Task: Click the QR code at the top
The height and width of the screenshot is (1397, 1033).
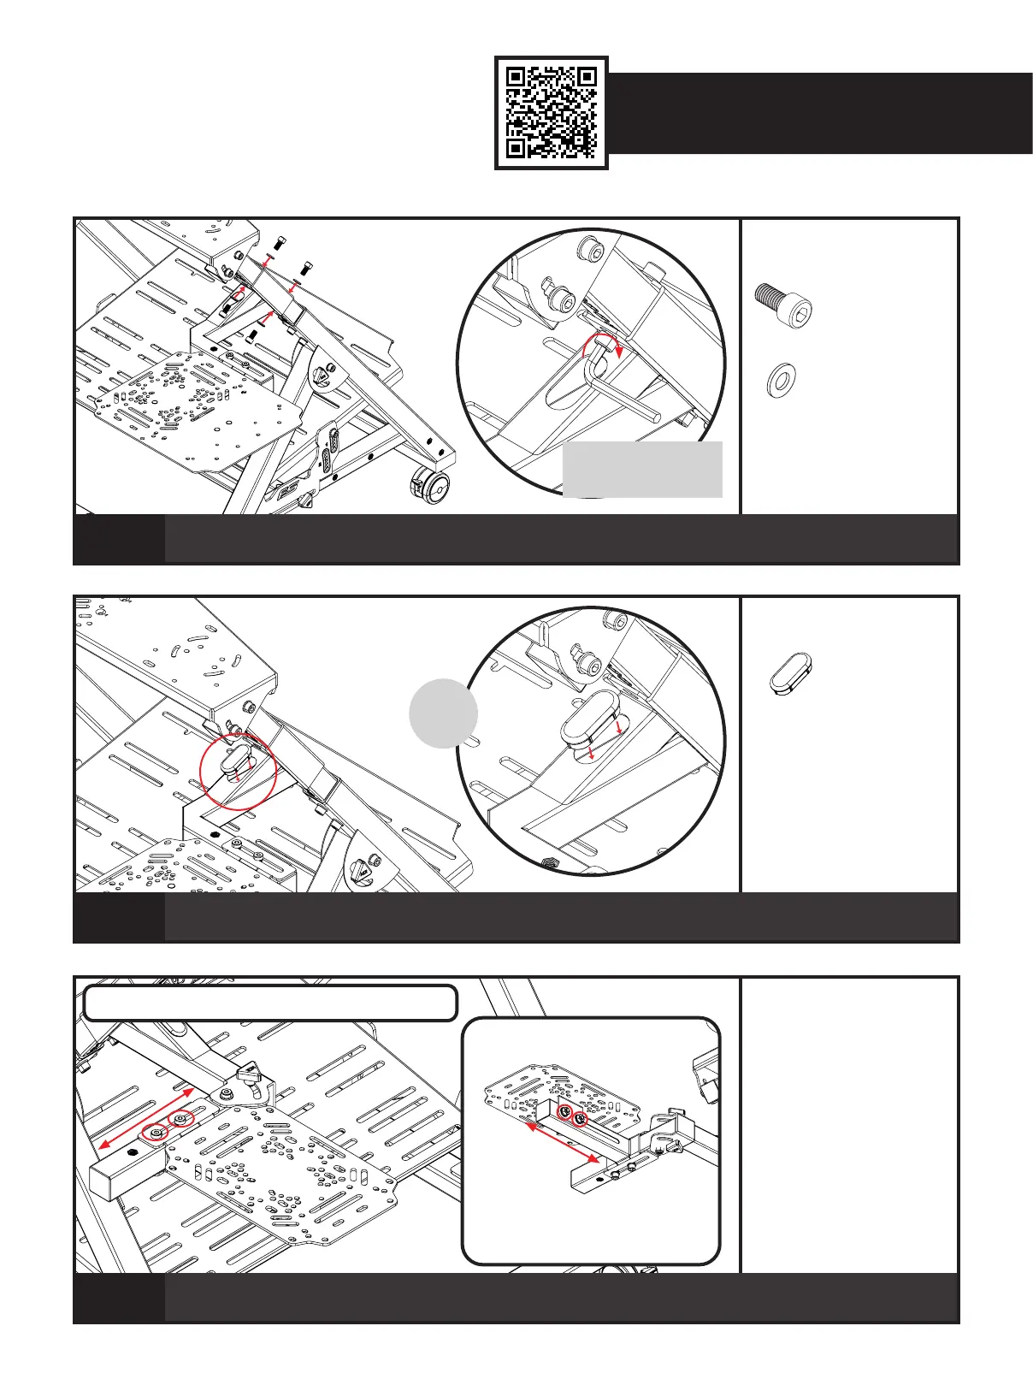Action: point(551,113)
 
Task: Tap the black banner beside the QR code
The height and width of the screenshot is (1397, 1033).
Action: point(819,113)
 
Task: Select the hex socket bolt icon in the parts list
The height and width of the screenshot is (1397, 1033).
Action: point(782,304)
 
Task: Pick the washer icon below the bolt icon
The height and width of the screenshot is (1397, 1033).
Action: point(782,378)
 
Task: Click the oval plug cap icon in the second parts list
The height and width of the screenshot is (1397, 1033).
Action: point(789,673)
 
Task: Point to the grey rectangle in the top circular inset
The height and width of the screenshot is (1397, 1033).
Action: point(642,469)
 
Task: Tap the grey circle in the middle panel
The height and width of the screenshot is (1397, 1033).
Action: point(443,713)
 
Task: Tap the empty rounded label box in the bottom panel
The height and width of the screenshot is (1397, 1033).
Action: point(270,1003)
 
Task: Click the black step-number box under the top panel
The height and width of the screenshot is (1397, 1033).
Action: point(119,539)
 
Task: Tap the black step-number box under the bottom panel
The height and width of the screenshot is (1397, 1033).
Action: point(119,1297)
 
